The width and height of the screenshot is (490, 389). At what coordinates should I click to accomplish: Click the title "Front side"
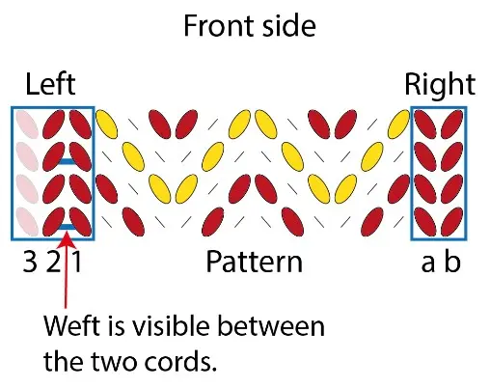250,26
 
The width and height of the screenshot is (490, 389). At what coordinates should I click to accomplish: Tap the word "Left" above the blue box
50,84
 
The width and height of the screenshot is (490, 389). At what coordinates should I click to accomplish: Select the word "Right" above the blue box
440,84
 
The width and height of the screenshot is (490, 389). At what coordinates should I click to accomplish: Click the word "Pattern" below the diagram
254,262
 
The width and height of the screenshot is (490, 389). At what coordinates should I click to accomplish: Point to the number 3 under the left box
30,262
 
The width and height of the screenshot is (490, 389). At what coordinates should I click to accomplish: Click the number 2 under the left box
53,262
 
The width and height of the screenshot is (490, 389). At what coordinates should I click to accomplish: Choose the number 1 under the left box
76,262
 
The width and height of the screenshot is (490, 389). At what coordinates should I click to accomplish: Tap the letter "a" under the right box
428,264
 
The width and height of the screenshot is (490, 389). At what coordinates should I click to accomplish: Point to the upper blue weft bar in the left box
68,161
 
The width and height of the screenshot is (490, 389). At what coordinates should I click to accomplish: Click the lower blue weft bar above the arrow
68,227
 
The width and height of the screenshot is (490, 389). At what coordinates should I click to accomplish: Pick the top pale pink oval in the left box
27,125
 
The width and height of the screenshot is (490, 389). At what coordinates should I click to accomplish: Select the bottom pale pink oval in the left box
27,222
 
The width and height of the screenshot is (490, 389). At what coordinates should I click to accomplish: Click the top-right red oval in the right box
451,124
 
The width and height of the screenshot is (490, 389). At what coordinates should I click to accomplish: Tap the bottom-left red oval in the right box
425,222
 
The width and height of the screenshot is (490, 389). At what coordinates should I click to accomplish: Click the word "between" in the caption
271,325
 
